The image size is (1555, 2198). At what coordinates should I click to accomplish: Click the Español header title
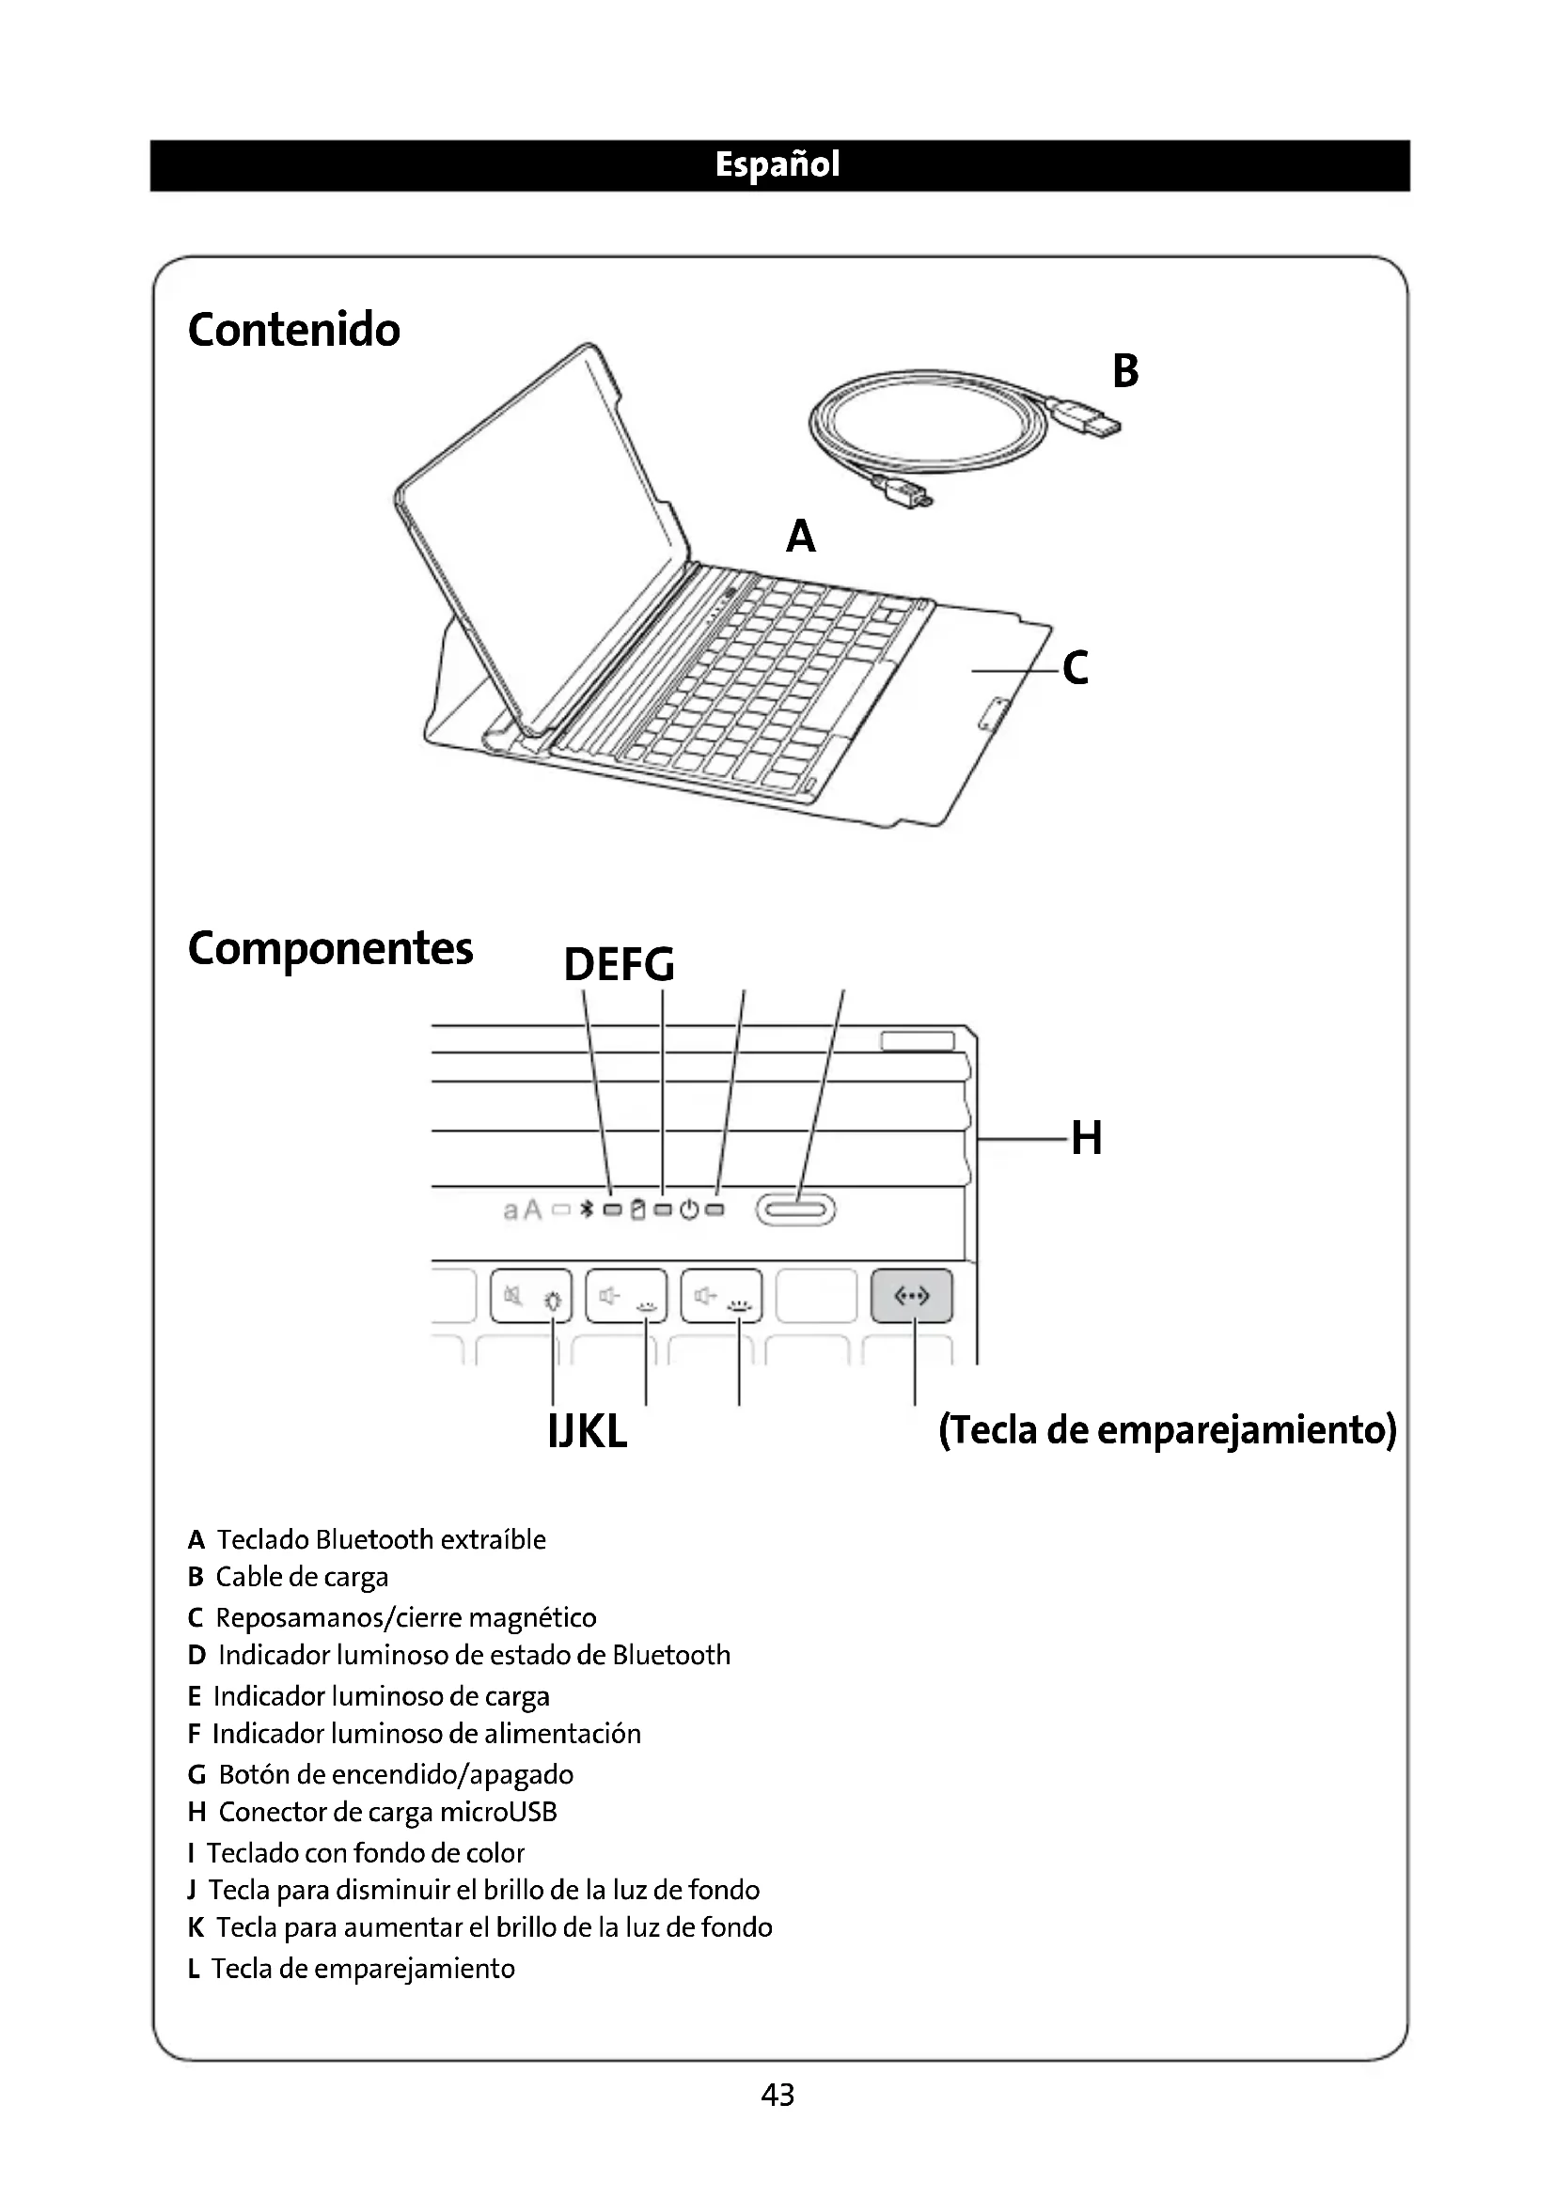coord(777,164)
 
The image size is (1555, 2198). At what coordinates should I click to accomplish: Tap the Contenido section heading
coord(294,330)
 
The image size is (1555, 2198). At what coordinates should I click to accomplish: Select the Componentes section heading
coord(330,949)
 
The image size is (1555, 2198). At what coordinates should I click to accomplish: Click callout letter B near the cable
coord(1125,371)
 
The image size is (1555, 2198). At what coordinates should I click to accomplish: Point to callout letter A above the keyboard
coord(800,536)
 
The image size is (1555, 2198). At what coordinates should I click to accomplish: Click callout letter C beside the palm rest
coord(1076,668)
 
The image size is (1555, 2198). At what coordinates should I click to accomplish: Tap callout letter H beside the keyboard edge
coord(1087,1138)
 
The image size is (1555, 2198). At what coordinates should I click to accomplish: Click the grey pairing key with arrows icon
coord(911,1296)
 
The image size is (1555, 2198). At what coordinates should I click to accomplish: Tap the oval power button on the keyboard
coord(795,1210)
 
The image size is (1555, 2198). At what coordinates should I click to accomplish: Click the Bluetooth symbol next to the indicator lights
coord(588,1210)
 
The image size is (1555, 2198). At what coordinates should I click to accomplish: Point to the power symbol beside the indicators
coord(689,1210)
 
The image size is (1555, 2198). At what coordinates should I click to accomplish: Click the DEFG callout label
coord(619,964)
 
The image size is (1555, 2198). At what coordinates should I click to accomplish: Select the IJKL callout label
coord(587,1432)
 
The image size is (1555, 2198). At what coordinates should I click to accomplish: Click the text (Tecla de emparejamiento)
coord(1168,1430)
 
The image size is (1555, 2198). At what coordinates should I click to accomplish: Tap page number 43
coord(777,2095)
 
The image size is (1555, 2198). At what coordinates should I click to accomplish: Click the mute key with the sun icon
coord(530,1296)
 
